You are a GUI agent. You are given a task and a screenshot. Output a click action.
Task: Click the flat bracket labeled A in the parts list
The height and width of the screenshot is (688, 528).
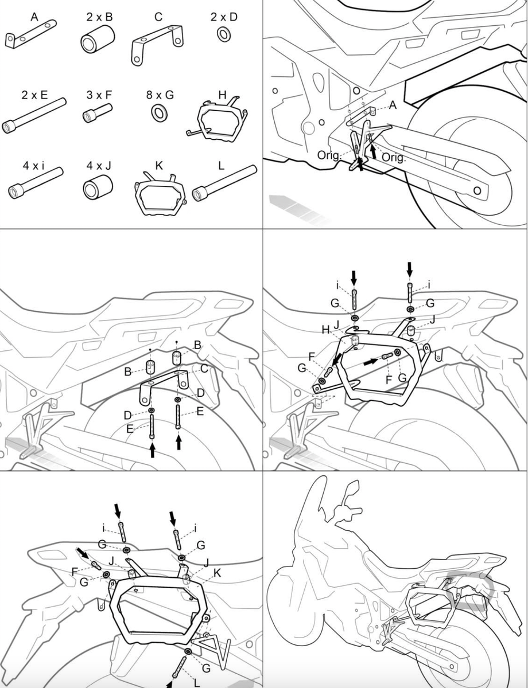coord(32,35)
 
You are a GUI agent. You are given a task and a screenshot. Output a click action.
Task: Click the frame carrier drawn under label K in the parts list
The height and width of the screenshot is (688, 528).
coord(160,196)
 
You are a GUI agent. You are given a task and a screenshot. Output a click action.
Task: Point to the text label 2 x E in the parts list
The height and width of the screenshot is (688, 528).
coord(34,94)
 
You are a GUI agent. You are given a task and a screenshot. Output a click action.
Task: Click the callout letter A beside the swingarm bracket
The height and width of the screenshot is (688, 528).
coord(393,104)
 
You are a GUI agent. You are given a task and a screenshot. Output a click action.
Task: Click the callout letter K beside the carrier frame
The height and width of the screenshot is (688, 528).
coord(216,573)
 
